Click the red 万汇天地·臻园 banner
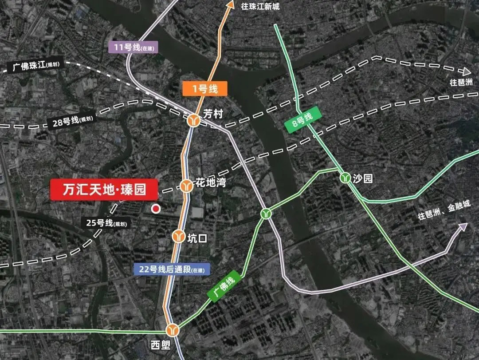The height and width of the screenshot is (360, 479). coord(105,190)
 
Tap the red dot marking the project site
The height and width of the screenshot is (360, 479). coord(155,209)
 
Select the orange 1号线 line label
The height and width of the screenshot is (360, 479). coord(205,89)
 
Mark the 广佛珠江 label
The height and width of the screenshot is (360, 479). coord(36,67)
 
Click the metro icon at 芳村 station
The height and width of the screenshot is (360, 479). coord(194,120)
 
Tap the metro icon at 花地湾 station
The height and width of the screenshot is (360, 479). coord(186,186)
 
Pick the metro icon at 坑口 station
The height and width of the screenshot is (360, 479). coord(179,236)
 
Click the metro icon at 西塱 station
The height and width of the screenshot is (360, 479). coord(173,330)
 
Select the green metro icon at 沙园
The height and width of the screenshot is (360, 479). coord(345,178)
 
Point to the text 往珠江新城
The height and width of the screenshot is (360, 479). coord(260,7)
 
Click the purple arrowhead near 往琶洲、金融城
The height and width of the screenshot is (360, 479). coord(463,227)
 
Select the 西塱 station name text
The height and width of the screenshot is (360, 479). coord(160,345)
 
